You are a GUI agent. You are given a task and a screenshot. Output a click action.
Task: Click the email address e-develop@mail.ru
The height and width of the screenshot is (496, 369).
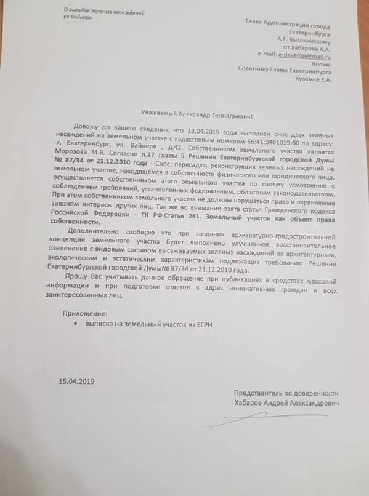[x=302, y=55]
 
